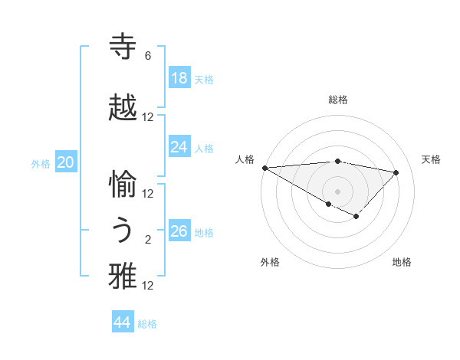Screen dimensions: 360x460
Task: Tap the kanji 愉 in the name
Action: [123, 184]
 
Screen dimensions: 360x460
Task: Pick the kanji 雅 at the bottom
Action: [123, 277]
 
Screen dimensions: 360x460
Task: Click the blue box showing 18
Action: [179, 78]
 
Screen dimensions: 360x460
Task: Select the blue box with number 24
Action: [179, 147]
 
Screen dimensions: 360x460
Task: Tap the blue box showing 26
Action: [179, 231]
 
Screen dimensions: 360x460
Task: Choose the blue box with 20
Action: [66, 162]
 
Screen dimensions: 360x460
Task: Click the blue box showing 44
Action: [123, 322]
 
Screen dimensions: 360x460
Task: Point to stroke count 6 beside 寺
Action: [148, 56]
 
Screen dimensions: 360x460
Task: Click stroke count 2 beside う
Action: [148, 240]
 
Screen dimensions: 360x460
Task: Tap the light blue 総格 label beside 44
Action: [147, 324]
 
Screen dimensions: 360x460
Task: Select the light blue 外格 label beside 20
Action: [41, 163]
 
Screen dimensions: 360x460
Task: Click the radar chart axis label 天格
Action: [432, 159]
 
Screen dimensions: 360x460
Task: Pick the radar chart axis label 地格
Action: [402, 262]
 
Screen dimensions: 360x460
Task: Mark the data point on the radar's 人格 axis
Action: [264, 168]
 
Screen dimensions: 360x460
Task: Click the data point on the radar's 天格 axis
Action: [396, 172]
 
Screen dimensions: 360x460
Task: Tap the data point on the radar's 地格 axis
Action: [356, 218]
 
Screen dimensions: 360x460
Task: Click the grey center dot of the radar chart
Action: [337, 191]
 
